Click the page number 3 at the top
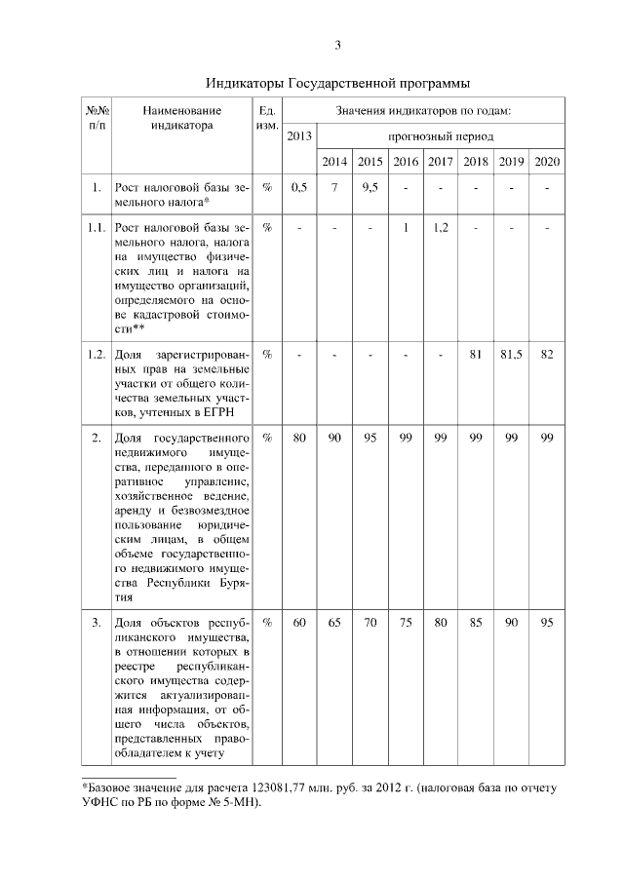coord(337,45)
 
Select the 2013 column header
coord(300,135)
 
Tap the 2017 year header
coord(441,161)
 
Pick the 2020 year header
coord(547,161)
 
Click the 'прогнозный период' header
coord(441,136)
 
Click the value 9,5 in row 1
coord(370,187)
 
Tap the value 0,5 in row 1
coord(300,187)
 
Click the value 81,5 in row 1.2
coord(511,354)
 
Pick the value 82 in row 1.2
coord(547,354)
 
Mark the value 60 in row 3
coord(300,622)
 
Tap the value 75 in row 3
coord(406,622)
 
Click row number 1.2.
coord(97,354)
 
